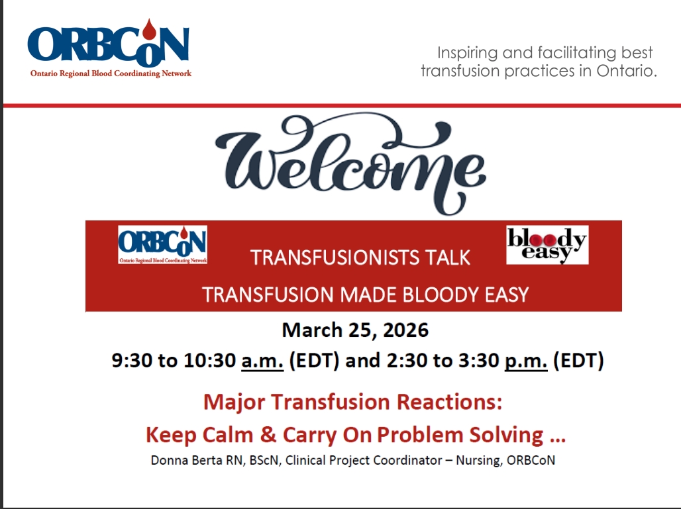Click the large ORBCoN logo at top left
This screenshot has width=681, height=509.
click(110, 50)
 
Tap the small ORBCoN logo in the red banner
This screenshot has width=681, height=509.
click(162, 245)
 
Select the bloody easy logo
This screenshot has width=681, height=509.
click(547, 245)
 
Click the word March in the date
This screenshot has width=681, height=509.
click(309, 329)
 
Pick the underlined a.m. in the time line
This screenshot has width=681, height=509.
click(262, 361)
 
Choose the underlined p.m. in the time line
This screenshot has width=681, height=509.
click(526, 361)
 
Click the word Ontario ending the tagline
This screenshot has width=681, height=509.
click(625, 71)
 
